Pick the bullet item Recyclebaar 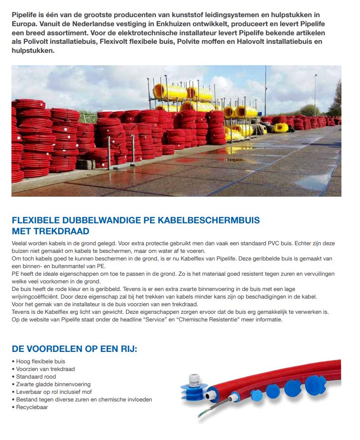click(x=32, y=407)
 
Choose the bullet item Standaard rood click(x=36, y=377)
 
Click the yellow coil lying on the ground click(x=280, y=128)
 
